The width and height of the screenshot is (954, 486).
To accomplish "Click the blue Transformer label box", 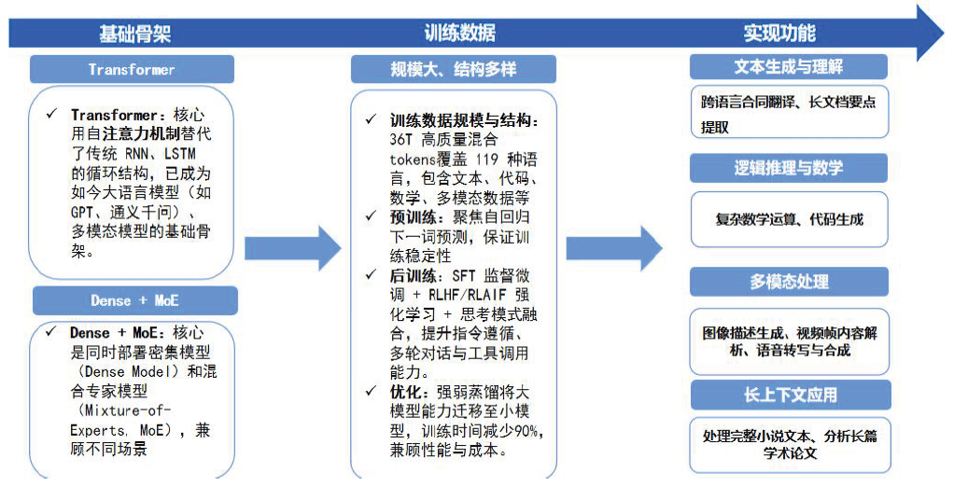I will [132, 70].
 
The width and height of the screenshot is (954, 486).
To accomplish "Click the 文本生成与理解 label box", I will [789, 67].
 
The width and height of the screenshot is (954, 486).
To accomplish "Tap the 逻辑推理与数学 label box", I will [789, 168].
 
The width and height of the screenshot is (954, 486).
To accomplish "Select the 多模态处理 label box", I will [789, 282].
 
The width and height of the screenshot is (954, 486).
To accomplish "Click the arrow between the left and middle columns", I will [293, 248].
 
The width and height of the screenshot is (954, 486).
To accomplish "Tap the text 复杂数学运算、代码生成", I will [789, 220].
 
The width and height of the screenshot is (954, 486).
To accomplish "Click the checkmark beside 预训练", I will [372, 216].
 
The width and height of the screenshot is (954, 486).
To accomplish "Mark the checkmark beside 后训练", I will [372, 276].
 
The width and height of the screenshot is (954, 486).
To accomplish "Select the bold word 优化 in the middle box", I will [405, 392].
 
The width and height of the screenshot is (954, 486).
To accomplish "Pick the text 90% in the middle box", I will [529, 430].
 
